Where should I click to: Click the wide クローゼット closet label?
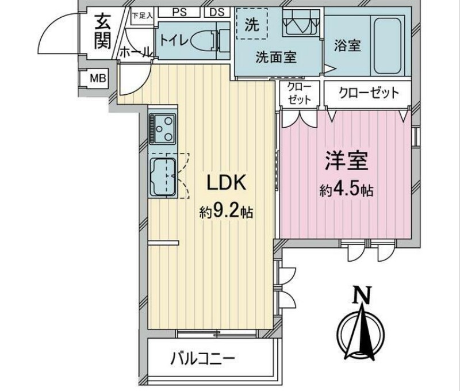point(368,93)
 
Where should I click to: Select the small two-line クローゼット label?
point(300,93)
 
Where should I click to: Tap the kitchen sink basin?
point(163,175)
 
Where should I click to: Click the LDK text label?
point(227,183)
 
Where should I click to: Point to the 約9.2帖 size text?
point(227,212)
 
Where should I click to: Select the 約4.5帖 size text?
point(347,190)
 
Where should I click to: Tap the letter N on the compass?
point(361,295)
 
